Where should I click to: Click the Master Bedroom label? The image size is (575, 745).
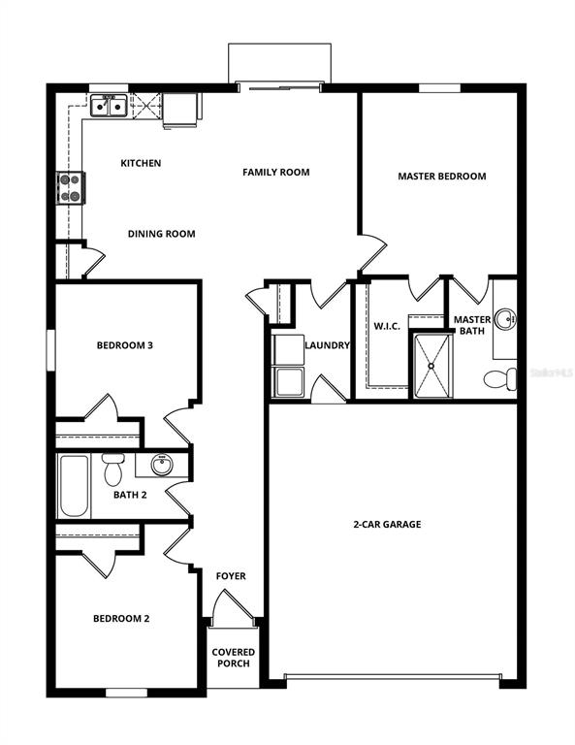[441, 177]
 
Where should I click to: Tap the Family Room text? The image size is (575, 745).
[275, 173]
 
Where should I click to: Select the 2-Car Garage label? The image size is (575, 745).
[386, 525]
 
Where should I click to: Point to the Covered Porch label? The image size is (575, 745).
[234, 658]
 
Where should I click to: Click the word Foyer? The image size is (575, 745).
[231, 576]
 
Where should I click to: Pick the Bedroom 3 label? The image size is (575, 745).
[124, 345]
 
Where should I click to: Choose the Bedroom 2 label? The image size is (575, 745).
[121, 619]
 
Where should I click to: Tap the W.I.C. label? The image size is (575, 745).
[388, 326]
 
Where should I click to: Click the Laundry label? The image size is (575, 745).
[327, 345]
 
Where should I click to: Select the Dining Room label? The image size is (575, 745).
[162, 234]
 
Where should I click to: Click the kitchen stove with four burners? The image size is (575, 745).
[72, 187]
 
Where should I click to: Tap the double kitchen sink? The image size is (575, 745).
[108, 106]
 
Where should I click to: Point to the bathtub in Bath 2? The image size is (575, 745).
[74, 486]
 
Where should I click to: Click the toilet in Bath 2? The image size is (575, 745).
[113, 470]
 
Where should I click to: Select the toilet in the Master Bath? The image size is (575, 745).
[502, 378]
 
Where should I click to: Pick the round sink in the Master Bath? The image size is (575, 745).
[505, 318]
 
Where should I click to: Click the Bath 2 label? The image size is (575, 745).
[130, 496]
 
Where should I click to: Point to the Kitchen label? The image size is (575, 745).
[141, 163]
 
